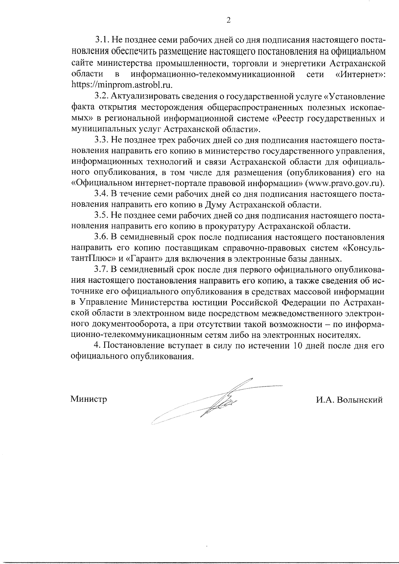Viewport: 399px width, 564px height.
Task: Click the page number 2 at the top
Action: (x=228, y=20)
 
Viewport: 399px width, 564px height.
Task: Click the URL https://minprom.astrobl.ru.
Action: (x=122, y=84)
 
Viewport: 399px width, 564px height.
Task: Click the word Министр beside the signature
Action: (x=88, y=399)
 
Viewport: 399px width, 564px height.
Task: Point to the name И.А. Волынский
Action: (x=349, y=400)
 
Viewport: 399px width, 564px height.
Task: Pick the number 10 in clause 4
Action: (x=297, y=345)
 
